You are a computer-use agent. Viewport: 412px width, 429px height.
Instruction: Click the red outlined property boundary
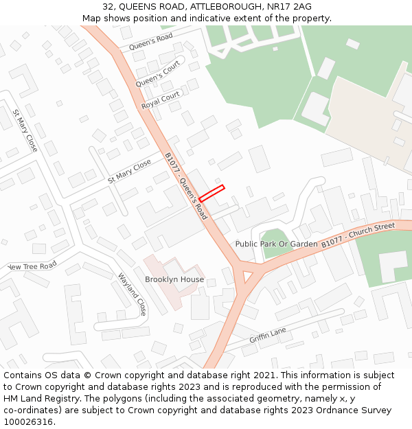(212, 193)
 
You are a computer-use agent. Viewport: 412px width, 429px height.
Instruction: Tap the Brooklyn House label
(174, 279)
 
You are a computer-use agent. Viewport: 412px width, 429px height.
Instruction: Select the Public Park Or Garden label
(276, 244)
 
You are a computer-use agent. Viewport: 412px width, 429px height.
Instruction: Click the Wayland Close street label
(132, 294)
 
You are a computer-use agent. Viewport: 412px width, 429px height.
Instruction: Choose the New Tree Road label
(31, 266)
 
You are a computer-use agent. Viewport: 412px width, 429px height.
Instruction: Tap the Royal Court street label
(160, 100)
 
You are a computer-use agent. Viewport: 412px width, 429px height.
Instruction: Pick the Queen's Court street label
(157, 73)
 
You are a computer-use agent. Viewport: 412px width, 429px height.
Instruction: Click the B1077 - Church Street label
(358, 235)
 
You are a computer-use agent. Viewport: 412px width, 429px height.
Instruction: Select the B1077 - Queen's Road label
(185, 186)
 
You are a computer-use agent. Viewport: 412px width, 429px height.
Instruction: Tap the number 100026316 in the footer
(28, 421)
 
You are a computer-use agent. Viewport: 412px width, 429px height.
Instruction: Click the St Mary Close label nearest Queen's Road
(129, 171)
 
